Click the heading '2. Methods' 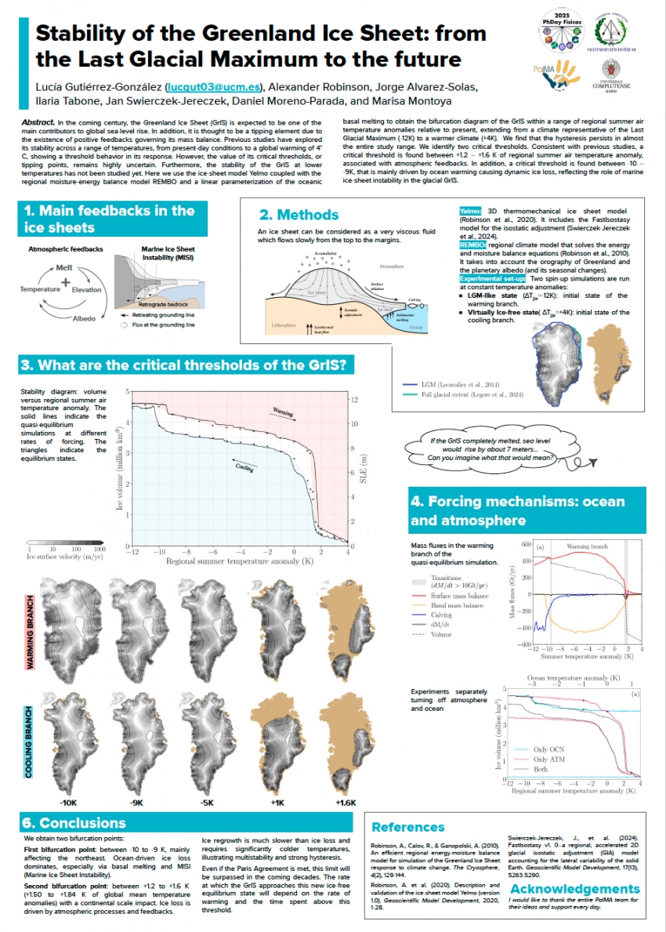(299, 215)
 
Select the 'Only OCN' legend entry (550, 749)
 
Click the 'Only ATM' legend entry (550, 759)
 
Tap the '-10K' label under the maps (68, 803)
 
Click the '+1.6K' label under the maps (346, 803)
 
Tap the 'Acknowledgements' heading (574, 888)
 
